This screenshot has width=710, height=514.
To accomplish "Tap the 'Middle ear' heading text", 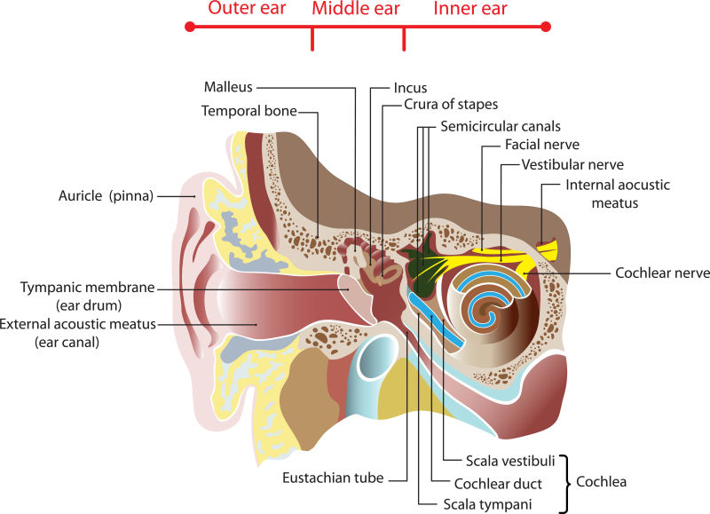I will [x=356, y=10].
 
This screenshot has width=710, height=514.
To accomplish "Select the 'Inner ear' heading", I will [x=470, y=10].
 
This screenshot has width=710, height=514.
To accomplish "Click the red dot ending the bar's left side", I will [x=189, y=27].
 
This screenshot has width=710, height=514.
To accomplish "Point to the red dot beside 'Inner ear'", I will [x=545, y=27].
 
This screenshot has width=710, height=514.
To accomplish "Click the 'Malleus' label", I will [x=228, y=87].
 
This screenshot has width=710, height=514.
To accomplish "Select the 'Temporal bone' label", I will [x=248, y=111].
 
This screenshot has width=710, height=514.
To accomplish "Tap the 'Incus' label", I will [x=410, y=88].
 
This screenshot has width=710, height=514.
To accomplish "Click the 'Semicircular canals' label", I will [x=501, y=126].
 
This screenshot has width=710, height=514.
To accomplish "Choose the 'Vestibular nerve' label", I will [x=572, y=164].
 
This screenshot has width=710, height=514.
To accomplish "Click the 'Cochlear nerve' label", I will [x=662, y=273].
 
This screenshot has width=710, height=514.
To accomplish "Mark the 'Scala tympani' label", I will [x=487, y=504].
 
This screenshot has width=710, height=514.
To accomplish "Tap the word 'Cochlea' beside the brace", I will [x=602, y=482].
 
